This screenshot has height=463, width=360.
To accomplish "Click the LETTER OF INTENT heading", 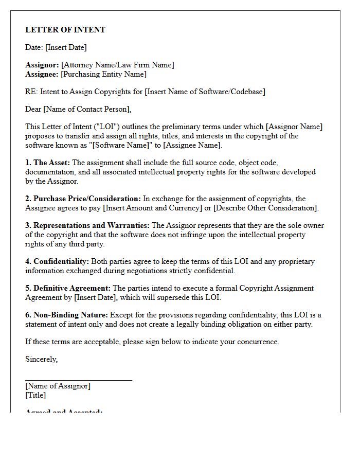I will coord(65,30).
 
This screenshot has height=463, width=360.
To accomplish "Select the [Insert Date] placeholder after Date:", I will coord(66,47).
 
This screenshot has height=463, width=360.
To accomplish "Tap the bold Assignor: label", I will coord(42,65).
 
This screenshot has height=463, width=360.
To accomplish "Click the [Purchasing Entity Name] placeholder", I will coord(103,74).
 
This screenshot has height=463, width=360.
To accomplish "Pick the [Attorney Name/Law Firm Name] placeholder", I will coord(117,65).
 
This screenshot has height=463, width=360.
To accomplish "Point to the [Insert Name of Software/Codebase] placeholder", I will coord(205,92).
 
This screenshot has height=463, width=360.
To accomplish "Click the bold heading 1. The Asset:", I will coord(48,163).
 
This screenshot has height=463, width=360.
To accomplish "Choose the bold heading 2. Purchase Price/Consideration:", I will coord(83,199).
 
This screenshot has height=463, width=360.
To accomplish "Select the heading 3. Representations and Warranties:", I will coord(87,225).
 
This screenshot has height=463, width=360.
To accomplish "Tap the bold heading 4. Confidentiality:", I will coord(57,261).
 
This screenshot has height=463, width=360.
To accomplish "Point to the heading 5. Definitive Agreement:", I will coord(68,288).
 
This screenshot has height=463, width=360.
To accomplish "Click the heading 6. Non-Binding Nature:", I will coord(66,315).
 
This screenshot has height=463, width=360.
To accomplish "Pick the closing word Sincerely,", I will coord(42,359).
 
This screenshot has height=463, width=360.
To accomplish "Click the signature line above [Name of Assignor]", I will coord(79,380).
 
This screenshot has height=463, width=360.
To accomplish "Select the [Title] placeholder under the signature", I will coord(35,395).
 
